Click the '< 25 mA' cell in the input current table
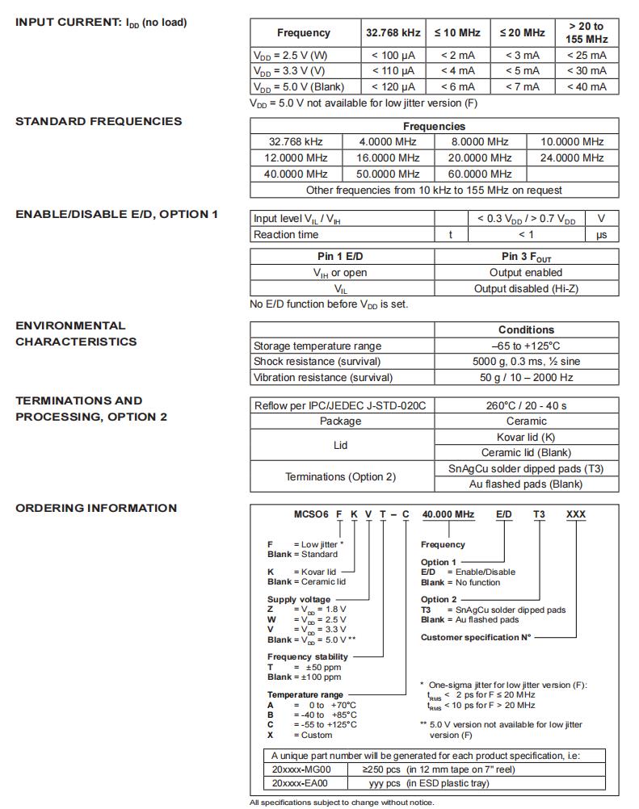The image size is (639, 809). [586, 55]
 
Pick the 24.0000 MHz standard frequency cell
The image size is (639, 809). [572, 157]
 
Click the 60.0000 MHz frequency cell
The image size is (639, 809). [481, 174]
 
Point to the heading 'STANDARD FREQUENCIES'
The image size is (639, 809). [99, 122]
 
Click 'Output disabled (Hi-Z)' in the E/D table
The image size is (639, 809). [526, 288]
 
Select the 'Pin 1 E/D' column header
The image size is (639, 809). [342, 257]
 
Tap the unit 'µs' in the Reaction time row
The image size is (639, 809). [601, 235]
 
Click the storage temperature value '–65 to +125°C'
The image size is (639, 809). [526, 346]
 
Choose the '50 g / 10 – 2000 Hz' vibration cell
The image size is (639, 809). [526, 377]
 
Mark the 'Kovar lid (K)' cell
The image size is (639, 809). [526, 437]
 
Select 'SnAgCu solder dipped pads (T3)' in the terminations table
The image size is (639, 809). [526, 468]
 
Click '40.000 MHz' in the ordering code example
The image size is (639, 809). [448, 514]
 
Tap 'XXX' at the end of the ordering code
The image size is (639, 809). [575, 514]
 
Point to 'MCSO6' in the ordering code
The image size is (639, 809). [309, 514]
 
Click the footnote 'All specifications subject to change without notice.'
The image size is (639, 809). [341, 803]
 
